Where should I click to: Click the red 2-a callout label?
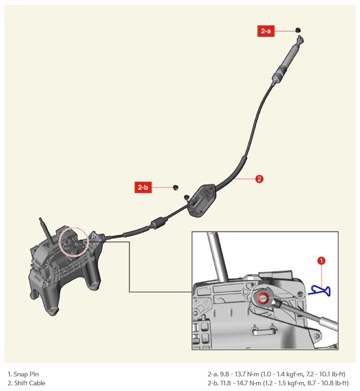pyautogui.click(x=266, y=31)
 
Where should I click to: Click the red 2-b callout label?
pyautogui.click(x=143, y=187)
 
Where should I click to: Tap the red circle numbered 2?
pyautogui.click(x=259, y=179)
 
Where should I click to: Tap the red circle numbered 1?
pyautogui.click(x=321, y=261)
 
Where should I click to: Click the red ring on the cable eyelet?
pyautogui.click(x=263, y=298)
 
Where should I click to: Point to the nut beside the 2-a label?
pyautogui.click(x=298, y=30)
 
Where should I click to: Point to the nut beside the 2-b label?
pyautogui.click(x=176, y=187)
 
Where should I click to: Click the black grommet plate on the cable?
pyautogui.click(x=202, y=200)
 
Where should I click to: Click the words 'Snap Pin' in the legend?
pyautogui.click(x=26, y=374)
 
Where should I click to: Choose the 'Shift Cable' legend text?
pyautogui.click(x=30, y=383)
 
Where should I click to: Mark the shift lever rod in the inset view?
pyautogui.click(x=218, y=257)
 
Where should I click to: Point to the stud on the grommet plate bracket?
pyautogui.click(x=187, y=198)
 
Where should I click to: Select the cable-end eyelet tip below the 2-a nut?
pyautogui.click(x=300, y=39)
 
